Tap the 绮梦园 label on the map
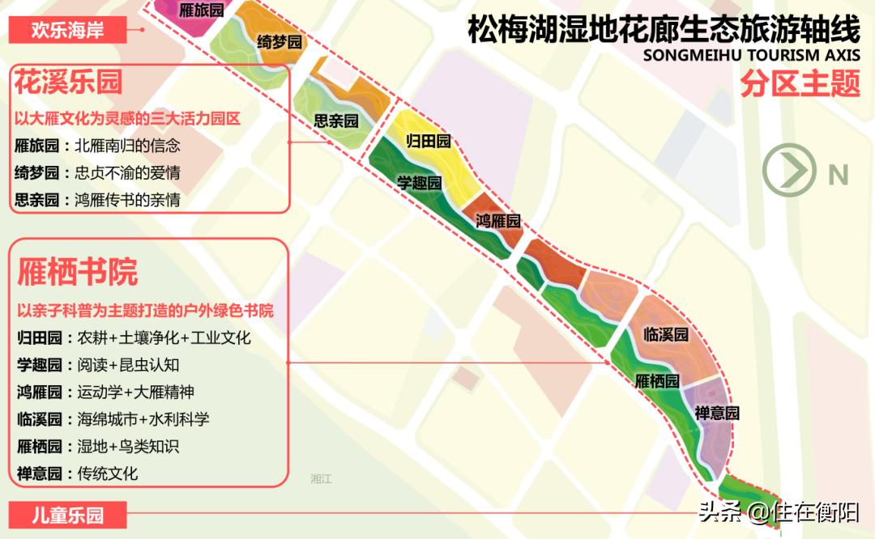click(x=280, y=42)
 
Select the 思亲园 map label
click(x=336, y=121)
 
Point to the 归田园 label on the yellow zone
click(x=428, y=142)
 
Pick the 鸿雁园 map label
click(x=498, y=220)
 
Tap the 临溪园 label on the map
click(x=666, y=333)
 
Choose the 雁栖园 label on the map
click(x=656, y=380)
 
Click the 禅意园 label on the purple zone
click(x=717, y=413)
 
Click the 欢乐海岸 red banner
click(x=68, y=31)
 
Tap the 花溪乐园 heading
click(x=68, y=83)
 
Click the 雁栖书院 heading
click(x=78, y=273)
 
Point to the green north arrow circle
click(x=788, y=169)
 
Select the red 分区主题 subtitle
click(x=798, y=83)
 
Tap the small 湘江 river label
click(x=321, y=479)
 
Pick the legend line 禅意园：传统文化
click(x=77, y=473)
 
